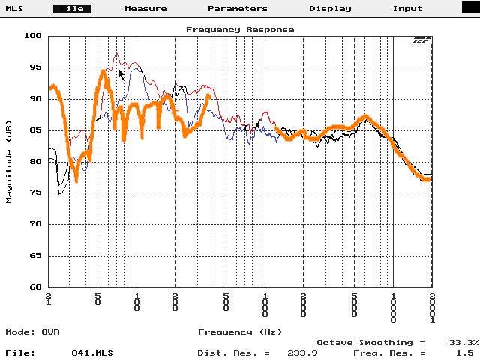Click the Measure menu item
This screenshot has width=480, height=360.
145,9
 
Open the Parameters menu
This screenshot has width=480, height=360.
238,9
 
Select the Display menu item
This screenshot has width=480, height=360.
330,9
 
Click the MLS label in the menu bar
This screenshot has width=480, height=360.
15,9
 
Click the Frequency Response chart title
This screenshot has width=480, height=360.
240,30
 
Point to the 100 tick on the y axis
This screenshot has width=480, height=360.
33,36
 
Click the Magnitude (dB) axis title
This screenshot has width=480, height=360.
10,160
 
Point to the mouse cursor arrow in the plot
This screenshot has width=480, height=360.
121,73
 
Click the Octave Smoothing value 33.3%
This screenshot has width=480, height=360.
463,341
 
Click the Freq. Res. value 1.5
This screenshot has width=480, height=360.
466,352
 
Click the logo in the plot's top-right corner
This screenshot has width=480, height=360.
420,40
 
